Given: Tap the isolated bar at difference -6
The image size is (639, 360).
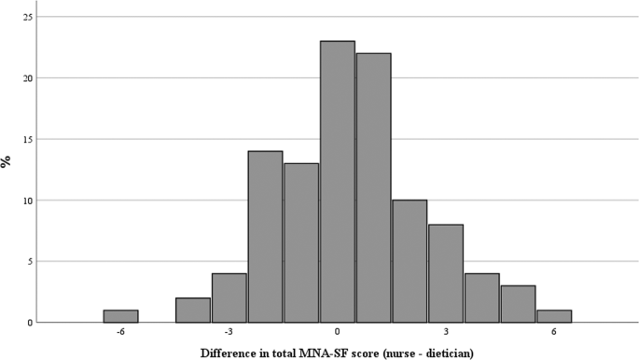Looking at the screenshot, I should point(120,316).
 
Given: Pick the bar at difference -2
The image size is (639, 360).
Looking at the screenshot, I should point(265,237).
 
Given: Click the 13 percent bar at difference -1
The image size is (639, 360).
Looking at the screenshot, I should point(301,242).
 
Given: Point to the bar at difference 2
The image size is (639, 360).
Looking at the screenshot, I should point(410,261).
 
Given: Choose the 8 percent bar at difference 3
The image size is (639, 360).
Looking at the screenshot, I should point(446,273).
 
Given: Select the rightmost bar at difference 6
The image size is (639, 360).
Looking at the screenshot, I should point(554,316).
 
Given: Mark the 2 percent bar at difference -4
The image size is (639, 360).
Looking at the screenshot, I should point(193,311).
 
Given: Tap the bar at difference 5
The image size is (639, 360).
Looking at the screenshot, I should point(518,304).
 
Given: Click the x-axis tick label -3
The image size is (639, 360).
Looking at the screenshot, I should point(229,333).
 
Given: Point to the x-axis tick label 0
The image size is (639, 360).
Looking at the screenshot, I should point(337,333).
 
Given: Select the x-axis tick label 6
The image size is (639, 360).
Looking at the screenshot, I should point(554,333).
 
